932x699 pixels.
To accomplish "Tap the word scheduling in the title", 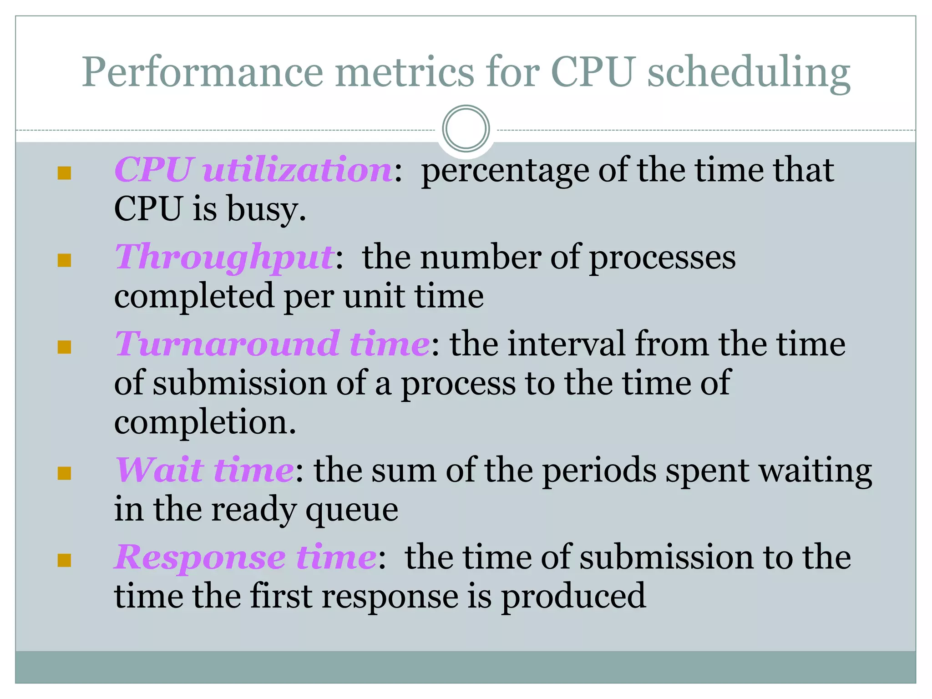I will click(x=748, y=73).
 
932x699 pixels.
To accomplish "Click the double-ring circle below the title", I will click(x=466, y=129).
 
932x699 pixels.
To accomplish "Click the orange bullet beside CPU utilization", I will click(x=65, y=173).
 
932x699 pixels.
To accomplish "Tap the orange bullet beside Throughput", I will click(x=65, y=260).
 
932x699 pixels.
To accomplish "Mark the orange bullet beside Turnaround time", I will click(x=65, y=347).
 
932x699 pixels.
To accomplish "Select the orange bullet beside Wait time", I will click(x=65, y=473).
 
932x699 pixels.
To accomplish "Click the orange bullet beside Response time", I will click(x=65, y=560).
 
